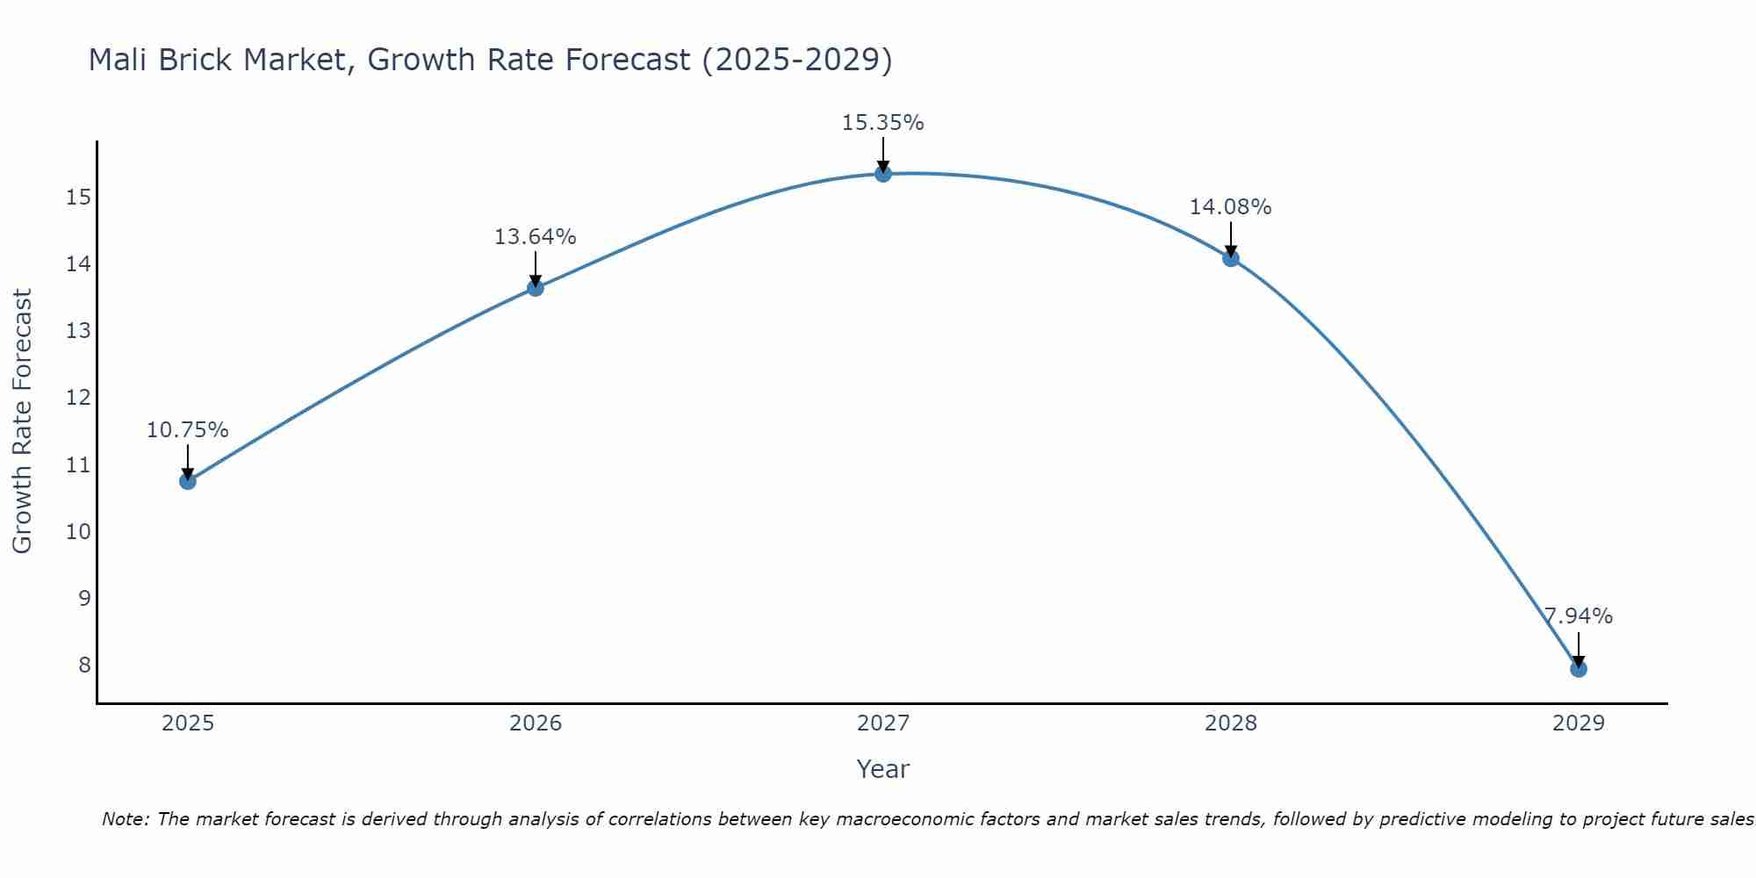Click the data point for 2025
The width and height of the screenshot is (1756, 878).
pyautogui.click(x=187, y=481)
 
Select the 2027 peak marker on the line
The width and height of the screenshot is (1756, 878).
pyautogui.click(x=883, y=174)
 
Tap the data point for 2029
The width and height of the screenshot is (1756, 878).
pyautogui.click(x=1578, y=669)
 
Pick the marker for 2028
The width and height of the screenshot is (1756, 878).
pyautogui.click(x=1231, y=258)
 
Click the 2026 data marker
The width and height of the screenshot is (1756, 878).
pyautogui.click(x=536, y=288)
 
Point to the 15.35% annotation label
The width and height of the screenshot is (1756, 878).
pyautogui.click(x=882, y=123)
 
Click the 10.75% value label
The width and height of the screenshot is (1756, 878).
pyautogui.click(x=187, y=430)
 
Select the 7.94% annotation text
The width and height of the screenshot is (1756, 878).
pyautogui.click(x=1578, y=616)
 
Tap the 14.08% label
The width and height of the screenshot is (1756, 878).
pyautogui.click(x=1230, y=207)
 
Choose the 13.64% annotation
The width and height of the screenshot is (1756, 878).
pyautogui.click(x=535, y=237)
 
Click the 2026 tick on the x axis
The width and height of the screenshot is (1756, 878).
pyautogui.click(x=536, y=723)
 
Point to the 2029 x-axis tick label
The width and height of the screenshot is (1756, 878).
pyautogui.click(x=1578, y=723)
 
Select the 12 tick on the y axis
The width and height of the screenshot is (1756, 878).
pyautogui.click(x=78, y=398)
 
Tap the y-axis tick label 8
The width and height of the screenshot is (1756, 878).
pyautogui.click(x=84, y=665)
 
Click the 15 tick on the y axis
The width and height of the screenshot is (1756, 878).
pyautogui.click(x=78, y=197)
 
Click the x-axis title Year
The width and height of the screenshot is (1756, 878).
pyautogui.click(x=882, y=769)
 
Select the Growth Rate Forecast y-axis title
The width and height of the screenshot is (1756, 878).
pyautogui.click(x=22, y=421)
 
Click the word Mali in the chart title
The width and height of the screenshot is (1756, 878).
pyautogui.click(x=119, y=60)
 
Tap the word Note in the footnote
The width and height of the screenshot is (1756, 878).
pyautogui.click(x=124, y=819)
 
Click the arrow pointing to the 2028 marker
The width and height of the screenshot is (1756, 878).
pyautogui.click(x=1231, y=239)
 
